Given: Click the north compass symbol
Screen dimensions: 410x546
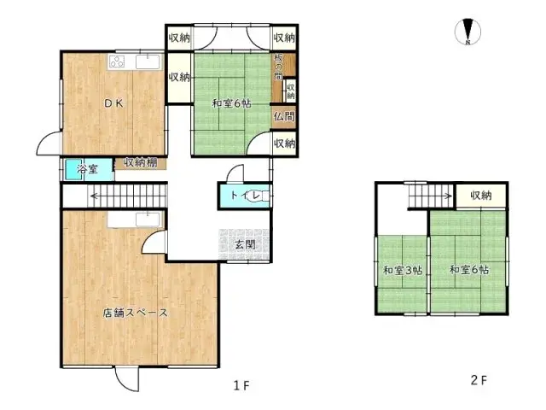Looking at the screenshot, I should point(469,32).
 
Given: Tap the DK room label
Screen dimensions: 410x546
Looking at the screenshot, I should point(114,104).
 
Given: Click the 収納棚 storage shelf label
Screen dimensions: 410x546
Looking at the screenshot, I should point(141,161).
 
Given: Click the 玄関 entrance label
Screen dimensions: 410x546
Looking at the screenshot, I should point(245,244).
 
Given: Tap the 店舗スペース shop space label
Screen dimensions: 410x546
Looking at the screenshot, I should point(136,313).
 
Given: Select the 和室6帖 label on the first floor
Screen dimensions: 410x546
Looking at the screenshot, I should point(232,104).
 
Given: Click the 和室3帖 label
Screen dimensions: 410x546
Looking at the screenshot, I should point(400,271).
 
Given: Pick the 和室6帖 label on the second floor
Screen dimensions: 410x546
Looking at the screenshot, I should point(469,271).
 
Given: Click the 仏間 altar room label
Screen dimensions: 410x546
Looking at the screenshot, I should point(284,116).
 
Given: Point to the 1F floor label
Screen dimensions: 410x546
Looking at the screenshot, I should point(242,385).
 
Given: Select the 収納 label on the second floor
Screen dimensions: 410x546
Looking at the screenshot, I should point(481,196).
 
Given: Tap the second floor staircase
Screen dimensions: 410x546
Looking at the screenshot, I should point(430,197).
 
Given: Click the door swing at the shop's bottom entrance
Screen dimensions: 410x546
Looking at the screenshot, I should point(128,378).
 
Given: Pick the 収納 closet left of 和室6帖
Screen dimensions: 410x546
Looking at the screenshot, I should point(178,78).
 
